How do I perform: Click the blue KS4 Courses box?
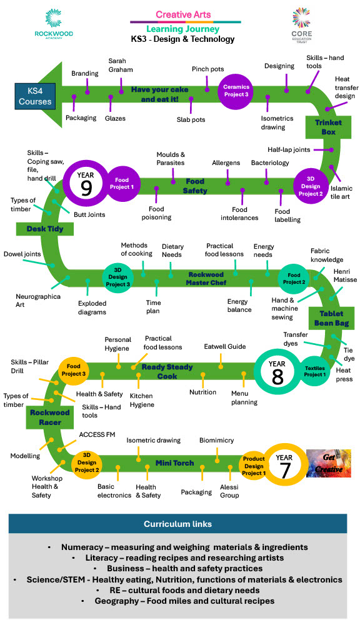[x=35, y=96]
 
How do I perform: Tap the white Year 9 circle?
[x=86, y=182]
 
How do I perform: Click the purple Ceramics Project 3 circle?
[x=236, y=91]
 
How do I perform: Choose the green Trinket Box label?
[x=328, y=127]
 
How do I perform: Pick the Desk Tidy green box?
[x=45, y=229]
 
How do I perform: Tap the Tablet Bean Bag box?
[x=331, y=318]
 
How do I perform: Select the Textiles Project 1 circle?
[x=316, y=371]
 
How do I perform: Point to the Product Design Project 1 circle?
[x=254, y=466]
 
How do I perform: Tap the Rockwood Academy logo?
[x=54, y=24]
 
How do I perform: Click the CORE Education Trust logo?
[x=301, y=25]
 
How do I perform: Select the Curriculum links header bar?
[x=177, y=524]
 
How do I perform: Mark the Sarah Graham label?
[x=121, y=65]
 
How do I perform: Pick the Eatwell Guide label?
[x=225, y=346]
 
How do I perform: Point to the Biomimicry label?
[x=216, y=441]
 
